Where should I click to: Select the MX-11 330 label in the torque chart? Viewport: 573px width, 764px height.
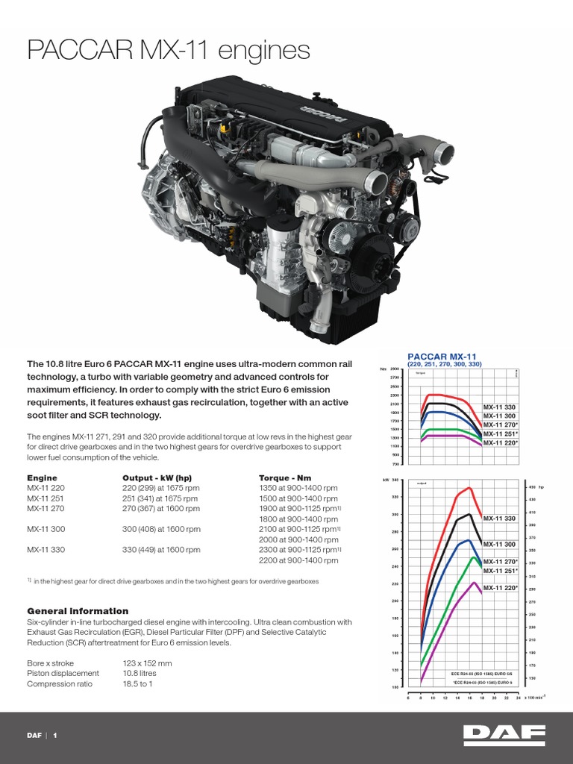click(x=500, y=407)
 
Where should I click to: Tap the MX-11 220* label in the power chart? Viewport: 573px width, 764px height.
click(x=500, y=588)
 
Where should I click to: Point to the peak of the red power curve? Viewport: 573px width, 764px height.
click(x=469, y=488)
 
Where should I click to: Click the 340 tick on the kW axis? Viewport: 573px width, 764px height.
click(x=395, y=480)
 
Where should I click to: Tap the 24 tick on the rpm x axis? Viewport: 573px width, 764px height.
click(x=517, y=698)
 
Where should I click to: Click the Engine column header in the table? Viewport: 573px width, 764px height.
click(x=42, y=477)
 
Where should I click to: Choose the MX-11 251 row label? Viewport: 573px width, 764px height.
click(x=46, y=498)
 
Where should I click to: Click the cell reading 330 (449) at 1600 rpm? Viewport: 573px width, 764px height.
click(x=161, y=550)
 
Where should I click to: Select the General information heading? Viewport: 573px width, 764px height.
click(x=78, y=611)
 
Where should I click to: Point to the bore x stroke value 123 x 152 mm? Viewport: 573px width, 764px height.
click(x=147, y=663)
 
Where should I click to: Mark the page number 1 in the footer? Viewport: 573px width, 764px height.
click(x=54, y=736)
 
